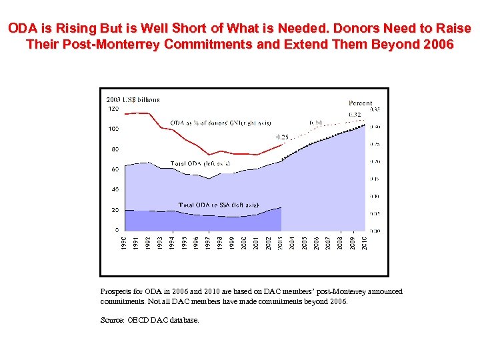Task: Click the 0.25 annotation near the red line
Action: [283, 137]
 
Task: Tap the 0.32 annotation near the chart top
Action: [355, 115]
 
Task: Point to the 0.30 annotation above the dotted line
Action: [315, 123]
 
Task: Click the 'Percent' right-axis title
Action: [360, 103]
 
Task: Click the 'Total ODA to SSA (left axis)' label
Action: [218, 205]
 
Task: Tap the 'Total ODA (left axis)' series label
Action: [200, 163]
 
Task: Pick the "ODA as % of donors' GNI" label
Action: [210, 123]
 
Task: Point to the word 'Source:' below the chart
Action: [112, 321]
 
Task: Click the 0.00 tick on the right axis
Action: [375, 231]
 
